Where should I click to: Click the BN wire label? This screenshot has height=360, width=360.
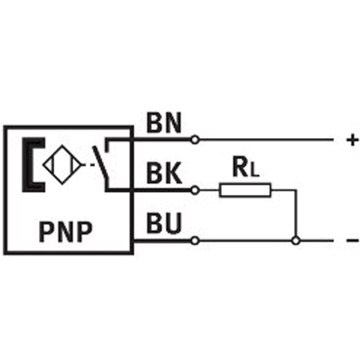click(163, 123)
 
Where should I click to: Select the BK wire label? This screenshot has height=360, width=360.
click(164, 173)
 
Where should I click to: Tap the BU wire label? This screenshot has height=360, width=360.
click(163, 223)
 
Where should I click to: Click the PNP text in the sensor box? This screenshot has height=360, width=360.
click(66, 232)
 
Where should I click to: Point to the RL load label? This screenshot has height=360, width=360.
click(246, 167)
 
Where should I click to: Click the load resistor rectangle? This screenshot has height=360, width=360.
click(245, 190)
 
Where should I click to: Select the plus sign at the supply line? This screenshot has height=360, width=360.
click(352, 140)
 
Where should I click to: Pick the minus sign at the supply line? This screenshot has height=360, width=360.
click(352, 241)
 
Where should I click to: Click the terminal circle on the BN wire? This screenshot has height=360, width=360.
click(195, 139)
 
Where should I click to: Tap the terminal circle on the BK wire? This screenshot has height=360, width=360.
click(195, 190)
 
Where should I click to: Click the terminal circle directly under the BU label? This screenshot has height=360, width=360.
click(195, 241)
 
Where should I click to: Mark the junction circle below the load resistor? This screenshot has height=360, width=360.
click(296, 241)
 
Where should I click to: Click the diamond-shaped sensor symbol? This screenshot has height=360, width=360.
click(62, 165)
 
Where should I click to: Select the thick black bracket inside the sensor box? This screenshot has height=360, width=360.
click(28, 165)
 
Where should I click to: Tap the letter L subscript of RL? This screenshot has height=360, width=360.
click(255, 172)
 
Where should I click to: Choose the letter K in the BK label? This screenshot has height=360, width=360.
click(173, 173)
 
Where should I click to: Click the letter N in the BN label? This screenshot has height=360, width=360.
click(172, 123)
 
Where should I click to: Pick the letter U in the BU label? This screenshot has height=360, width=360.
click(172, 223)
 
